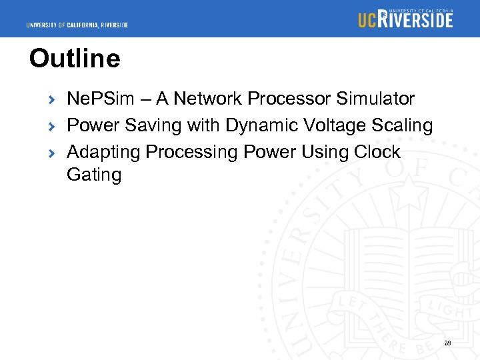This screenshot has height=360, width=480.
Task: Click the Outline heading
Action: click(x=75, y=59)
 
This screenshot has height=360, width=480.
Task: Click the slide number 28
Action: click(x=447, y=343)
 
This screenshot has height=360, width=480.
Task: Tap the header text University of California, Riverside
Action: click(x=77, y=25)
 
